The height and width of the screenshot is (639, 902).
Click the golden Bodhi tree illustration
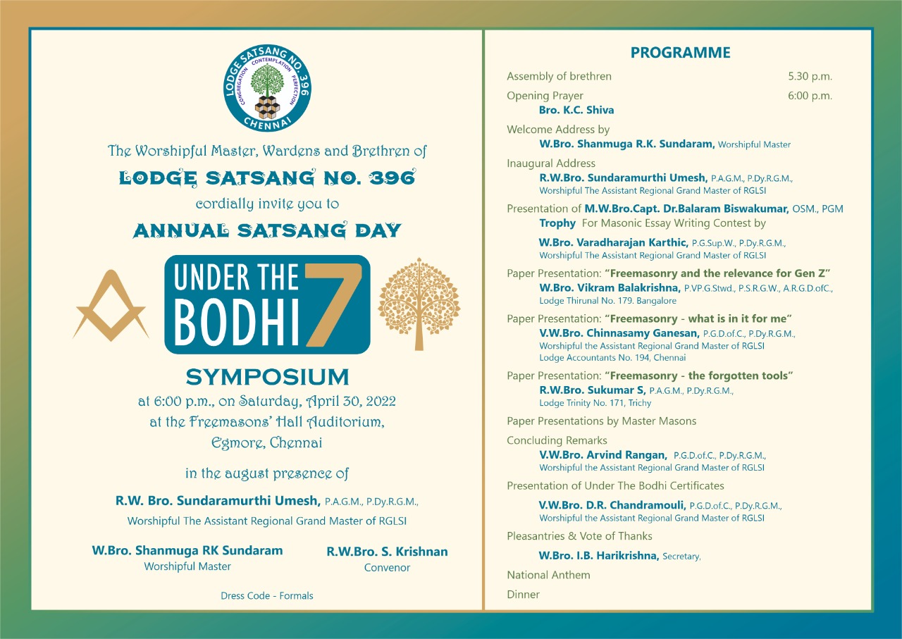pyautogui.click(x=419, y=304)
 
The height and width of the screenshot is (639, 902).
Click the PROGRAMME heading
pyautogui.click(x=680, y=53)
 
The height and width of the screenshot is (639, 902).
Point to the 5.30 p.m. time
pyautogui.click(x=810, y=76)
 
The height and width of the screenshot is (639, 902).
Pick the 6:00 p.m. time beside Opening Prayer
pyautogui.click(x=810, y=96)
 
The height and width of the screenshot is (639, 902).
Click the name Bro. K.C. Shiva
pyautogui.click(x=576, y=110)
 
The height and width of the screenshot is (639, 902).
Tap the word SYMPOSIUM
pyautogui.click(x=267, y=376)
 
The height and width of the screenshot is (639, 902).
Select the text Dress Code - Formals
pyautogui.click(x=267, y=595)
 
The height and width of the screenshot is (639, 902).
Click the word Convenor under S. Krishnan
pyautogui.click(x=387, y=567)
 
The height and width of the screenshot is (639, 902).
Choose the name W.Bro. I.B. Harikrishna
pyautogui.click(x=599, y=556)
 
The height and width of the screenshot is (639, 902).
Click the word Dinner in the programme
pyautogui.click(x=523, y=595)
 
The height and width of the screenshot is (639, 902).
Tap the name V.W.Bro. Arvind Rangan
pyautogui.click(x=603, y=455)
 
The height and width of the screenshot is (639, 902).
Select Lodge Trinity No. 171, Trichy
pyautogui.click(x=595, y=403)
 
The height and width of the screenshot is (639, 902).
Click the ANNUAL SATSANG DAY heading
pyautogui.click(x=267, y=230)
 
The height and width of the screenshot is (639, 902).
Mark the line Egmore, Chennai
pyautogui.click(x=267, y=443)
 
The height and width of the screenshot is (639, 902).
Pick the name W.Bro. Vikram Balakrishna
pyautogui.click(x=610, y=287)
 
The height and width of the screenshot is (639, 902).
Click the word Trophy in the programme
pyautogui.click(x=557, y=223)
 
